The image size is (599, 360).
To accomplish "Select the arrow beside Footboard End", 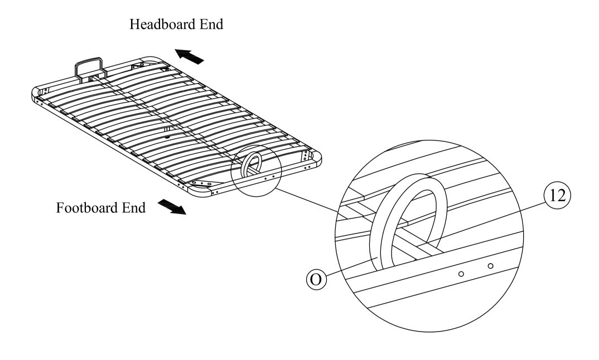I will [172, 207].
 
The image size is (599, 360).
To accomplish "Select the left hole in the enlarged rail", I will [461, 274].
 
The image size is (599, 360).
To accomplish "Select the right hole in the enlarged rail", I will [490, 266].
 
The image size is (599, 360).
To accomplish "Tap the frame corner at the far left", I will [37, 93].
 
